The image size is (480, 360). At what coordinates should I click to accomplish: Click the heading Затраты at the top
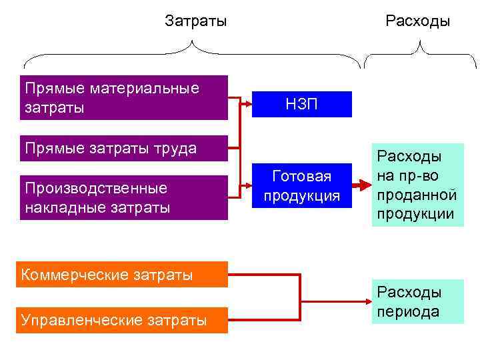tap(195, 21)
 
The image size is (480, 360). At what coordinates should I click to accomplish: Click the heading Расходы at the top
tap(418, 21)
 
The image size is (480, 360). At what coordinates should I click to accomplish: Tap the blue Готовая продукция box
tap(302, 187)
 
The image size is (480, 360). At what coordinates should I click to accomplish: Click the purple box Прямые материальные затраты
tap(124, 97)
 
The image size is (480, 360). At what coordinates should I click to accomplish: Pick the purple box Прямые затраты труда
tap(124, 148)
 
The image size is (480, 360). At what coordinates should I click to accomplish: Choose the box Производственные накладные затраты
tap(124, 198)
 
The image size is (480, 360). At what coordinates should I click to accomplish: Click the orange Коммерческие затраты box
tap(122, 274)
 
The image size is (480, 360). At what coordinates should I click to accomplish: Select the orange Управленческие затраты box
tap(122, 320)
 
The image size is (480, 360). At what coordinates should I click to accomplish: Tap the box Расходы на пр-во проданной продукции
tap(417, 185)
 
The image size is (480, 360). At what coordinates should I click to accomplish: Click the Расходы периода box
tap(417, 301)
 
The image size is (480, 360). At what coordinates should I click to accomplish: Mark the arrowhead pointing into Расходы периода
tap(366, 301)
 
